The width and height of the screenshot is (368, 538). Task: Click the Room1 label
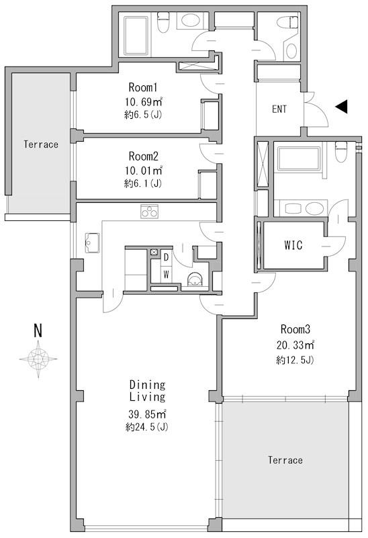[x=142, y=87]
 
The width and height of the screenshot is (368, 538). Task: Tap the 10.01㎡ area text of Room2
[x=143, y=170]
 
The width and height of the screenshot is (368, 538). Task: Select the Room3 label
[x=295, y=329]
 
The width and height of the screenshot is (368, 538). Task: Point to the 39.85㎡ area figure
[x=148, y=414]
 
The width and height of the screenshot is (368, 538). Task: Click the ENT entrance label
[x=279, y=109]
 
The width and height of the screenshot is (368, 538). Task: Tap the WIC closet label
[x=293, y=245]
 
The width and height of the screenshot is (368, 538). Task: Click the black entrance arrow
[x=341, y=107]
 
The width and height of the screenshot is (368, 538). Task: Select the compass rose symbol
[x=38, y=359]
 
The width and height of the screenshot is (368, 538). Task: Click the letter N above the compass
[x=38, y=330]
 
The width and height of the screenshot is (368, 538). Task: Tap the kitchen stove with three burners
[x=149, y=212]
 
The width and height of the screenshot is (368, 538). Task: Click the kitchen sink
[x=92, y=242]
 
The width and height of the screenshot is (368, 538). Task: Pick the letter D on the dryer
[x=167, y=257]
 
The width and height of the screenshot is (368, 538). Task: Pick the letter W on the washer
[x=167, y=275]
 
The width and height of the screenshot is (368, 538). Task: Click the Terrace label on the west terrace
[x=41, y=144]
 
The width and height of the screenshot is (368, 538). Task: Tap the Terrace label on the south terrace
[x=285, y=460]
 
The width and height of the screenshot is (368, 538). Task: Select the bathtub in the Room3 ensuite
[x=298, y=158]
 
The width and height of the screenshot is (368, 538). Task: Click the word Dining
[x=148, y=385]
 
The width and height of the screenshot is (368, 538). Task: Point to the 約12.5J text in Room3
[x=295, y=360]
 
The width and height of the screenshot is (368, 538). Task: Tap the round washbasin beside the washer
[x=195, y=279]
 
